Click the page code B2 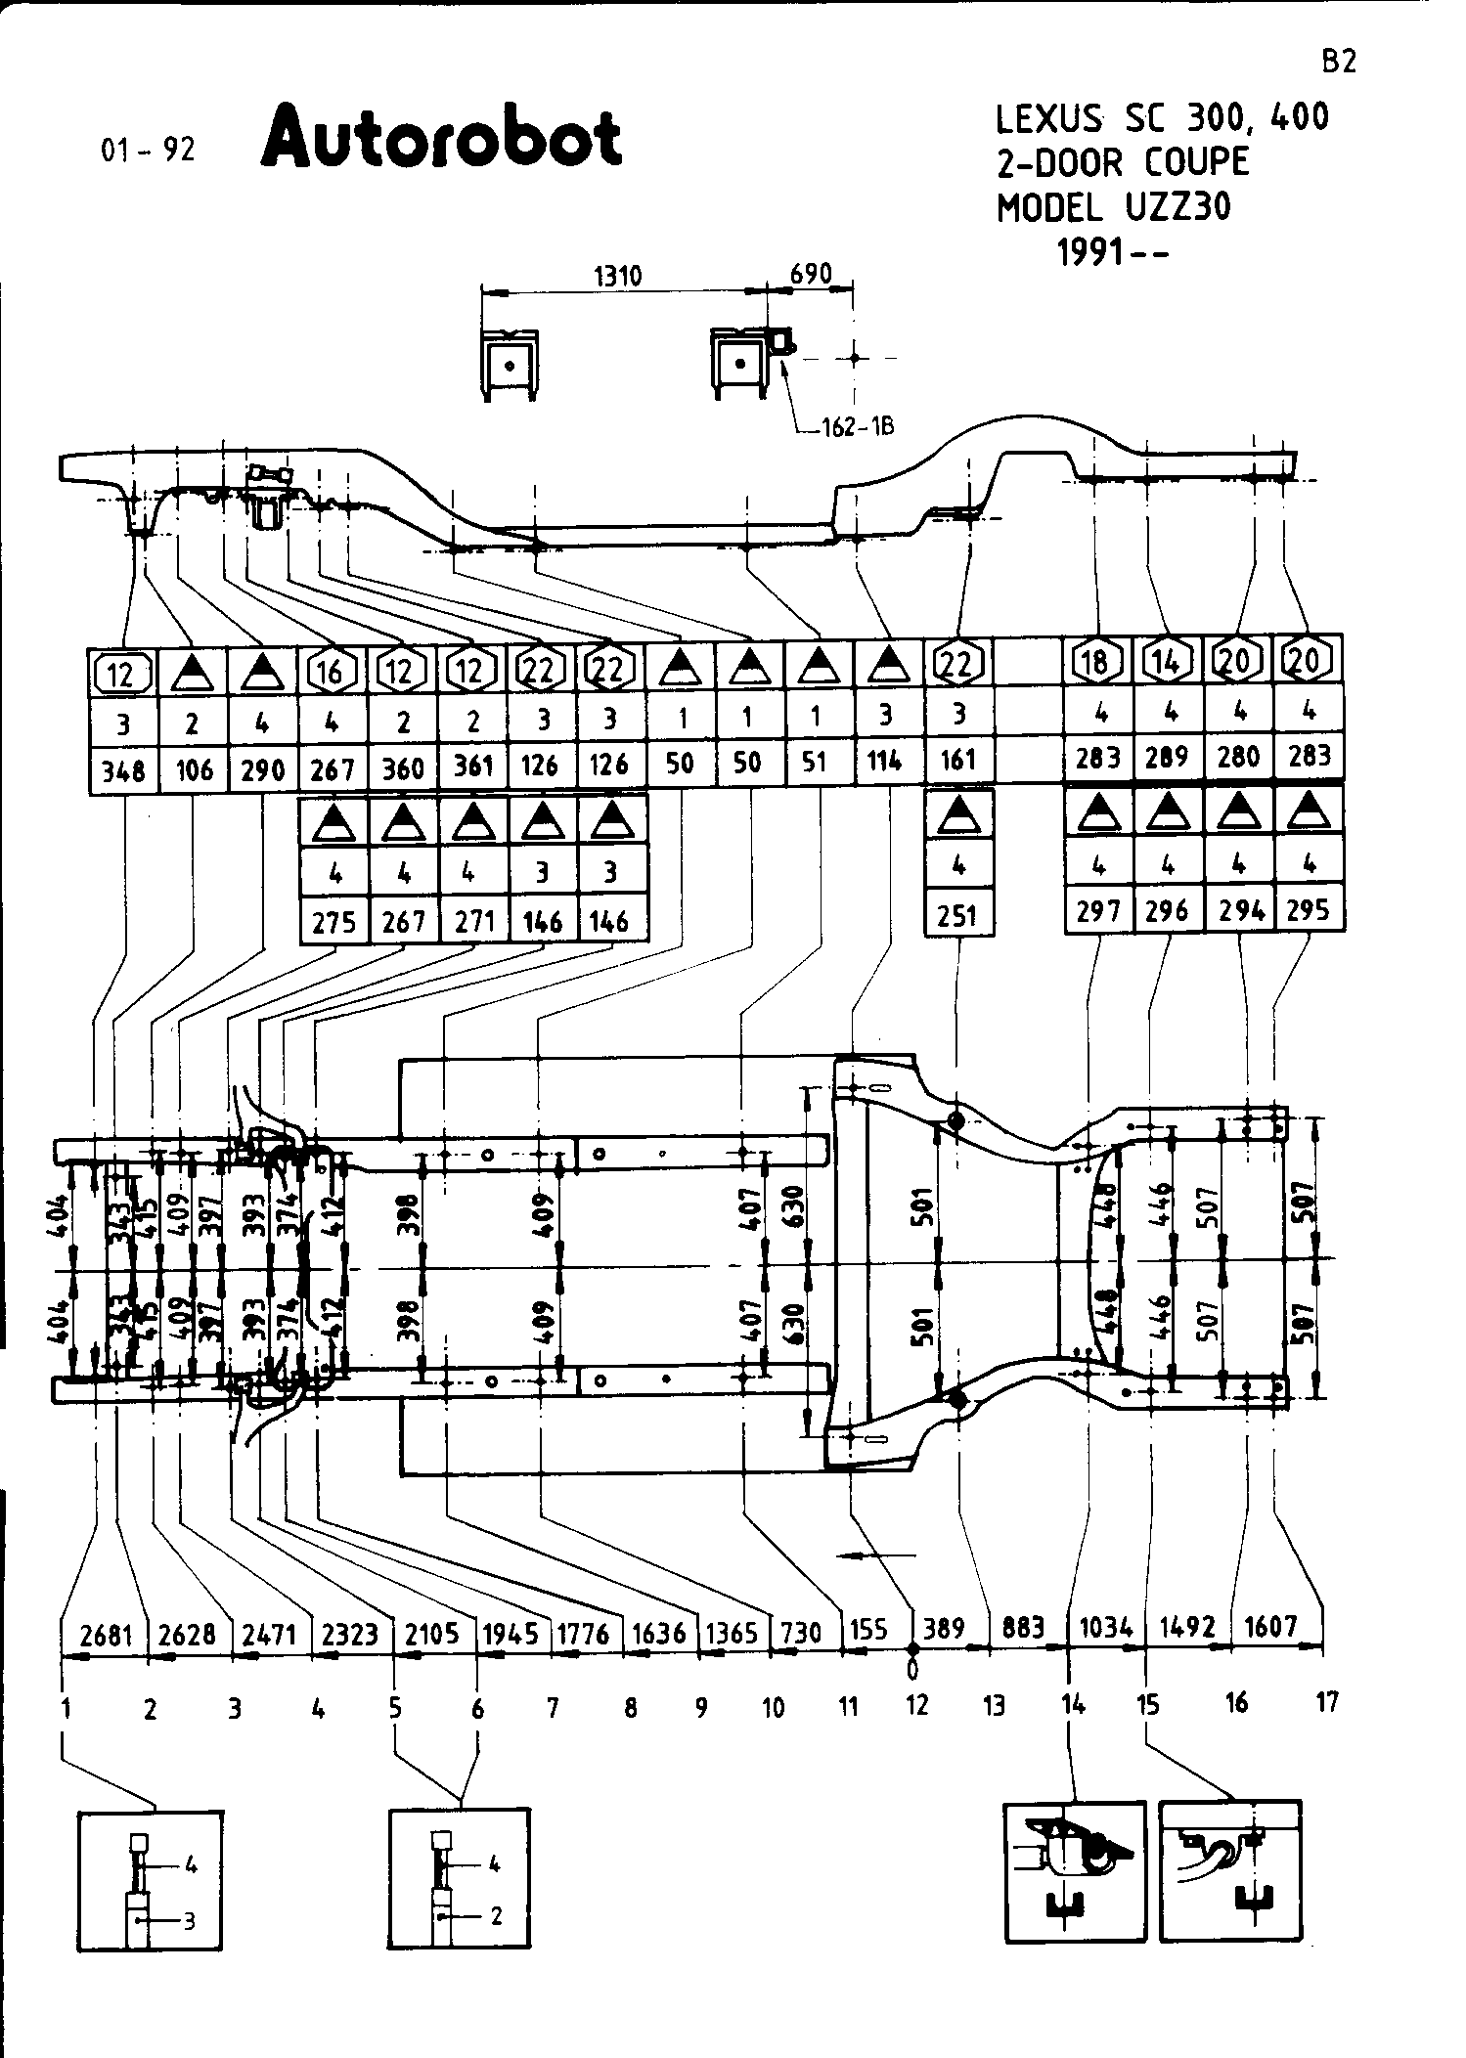click(1339, 63)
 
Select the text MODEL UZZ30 click(1114, 206)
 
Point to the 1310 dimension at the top click(618, 276)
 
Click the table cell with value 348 click(123, 771)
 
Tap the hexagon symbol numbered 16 click(333, 671)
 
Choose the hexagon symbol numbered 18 click(1095, 662)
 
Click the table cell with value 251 click(957, 915)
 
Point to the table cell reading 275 click(334, 922)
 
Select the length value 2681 click(105, 1634)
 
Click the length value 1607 click(1270, 1627)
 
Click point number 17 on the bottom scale click(1326, 1702)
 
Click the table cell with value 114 click(885, 761)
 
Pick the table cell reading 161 click(957, 760)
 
